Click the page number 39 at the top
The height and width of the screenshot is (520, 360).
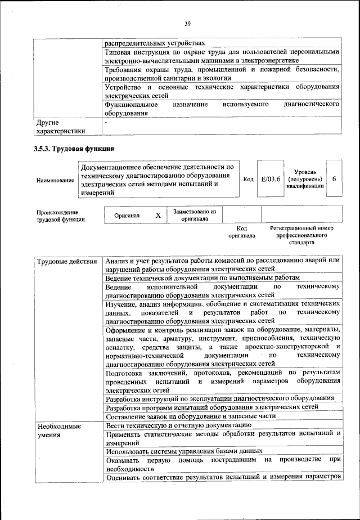[187, 23]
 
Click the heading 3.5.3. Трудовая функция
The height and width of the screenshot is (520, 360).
[74, 149]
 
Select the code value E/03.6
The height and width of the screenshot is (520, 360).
[271, 179]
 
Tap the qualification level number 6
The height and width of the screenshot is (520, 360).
[334, 178]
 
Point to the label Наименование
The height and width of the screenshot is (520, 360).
[55, 180]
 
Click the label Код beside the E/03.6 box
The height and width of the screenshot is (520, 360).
[248, 179]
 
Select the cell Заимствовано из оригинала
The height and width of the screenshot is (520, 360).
[195, 215]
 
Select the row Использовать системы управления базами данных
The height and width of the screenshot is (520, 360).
[184, 451]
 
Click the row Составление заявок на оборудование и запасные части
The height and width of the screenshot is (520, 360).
[191, 416]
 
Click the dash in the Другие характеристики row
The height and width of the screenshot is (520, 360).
[106, 122]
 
